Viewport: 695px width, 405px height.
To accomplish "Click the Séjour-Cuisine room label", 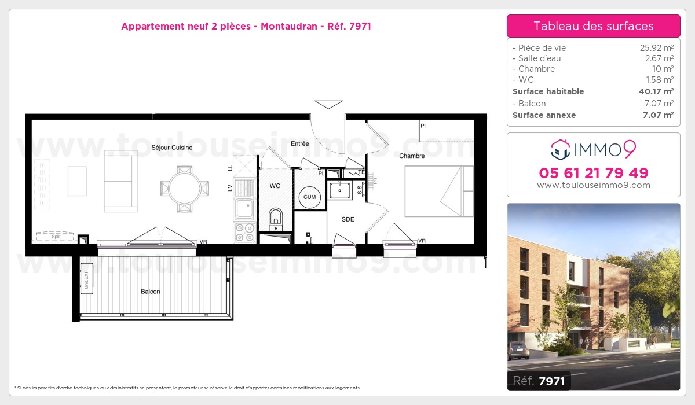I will click(171, 148).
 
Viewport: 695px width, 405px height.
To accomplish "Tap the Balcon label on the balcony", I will click(150, 292).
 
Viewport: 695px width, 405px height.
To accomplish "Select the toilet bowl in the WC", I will click(276, 218).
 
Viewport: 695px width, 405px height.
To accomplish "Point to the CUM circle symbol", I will click(309, 197).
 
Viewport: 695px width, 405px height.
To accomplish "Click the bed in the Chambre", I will click(439, 190).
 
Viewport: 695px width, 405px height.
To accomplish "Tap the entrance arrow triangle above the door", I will click(328, 105).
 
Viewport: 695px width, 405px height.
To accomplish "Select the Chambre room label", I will click(412, 156).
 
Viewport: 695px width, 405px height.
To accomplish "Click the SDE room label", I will click(348, 219).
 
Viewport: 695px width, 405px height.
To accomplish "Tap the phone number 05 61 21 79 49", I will click(593, 173).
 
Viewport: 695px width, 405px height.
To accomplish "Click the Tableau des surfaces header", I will click(593, 26).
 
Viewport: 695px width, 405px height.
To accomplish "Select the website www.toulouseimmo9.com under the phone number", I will click(593, 186).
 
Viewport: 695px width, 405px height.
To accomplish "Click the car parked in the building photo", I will click(520, 349).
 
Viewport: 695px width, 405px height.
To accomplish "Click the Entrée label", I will click(299, 143).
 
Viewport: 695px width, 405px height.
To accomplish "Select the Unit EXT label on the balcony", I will click(85, 279).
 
